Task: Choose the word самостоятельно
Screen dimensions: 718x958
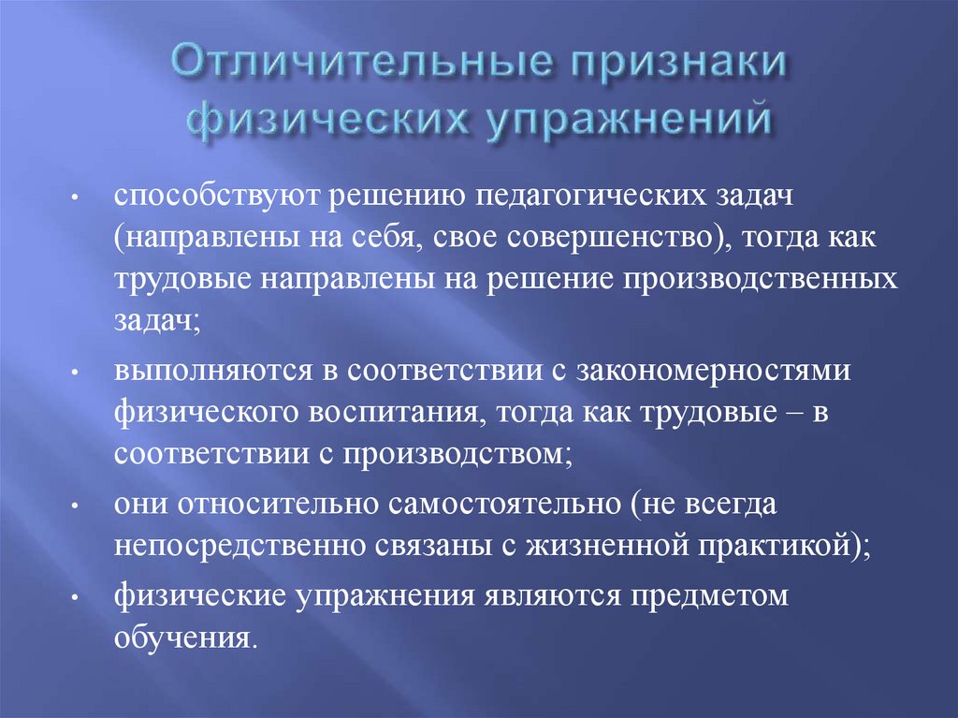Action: click(501, 506)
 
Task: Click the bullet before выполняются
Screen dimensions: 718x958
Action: click(98, 374)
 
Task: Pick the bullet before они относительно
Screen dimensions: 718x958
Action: click(98, 507)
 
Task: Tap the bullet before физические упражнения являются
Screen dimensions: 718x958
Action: click(98, 600)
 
